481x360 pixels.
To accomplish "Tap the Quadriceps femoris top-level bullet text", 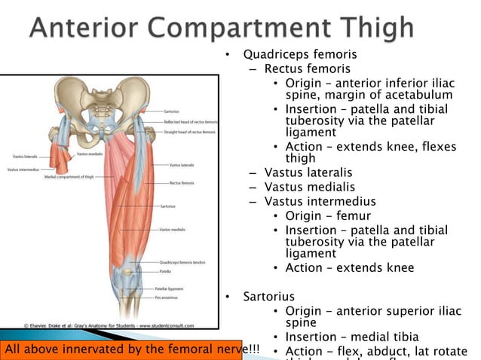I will pyautogui.click(x=299, y=55).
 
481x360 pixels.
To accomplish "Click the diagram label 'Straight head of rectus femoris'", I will pyautogui.click(x=189, y=132).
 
